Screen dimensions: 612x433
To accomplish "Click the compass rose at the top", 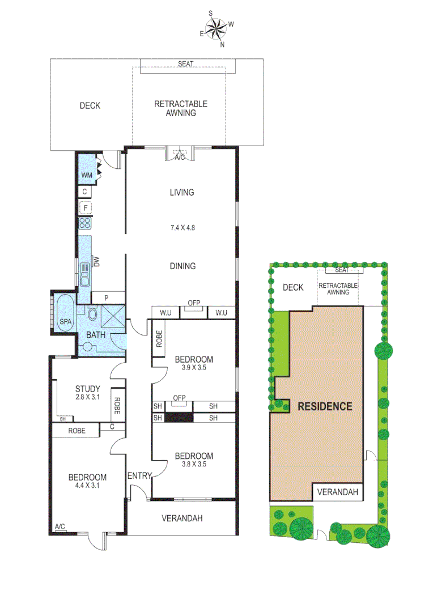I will pyautogui.click(x=216, y=28).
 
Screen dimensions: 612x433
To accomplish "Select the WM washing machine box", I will pyautogui.click(x=86, y=175).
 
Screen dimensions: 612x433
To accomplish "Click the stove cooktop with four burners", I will pyautogui.click(x=85, y=223).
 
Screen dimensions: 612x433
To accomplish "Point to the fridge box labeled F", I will pyautogui.click(x=85, y=207).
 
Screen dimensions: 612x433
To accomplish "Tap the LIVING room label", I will pyautogui.click(x=181, y=192).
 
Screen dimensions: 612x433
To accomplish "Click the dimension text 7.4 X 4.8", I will pyautogui.click(x=181, y=228).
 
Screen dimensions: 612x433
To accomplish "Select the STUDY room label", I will pyautogui.click(x=88, y=389).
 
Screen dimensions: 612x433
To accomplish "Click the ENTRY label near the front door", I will pyautogui.click(x=139, y=475).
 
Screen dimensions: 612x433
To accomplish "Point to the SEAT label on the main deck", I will pyautogui.click(x=185, y=63).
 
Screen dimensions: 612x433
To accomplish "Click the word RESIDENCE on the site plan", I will pyautogui.click(x=325, y=406).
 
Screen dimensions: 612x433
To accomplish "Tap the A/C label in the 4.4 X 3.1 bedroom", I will pyautogui.click(x=60, y=527).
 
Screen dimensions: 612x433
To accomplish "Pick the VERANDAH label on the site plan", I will pyautogui.click(x=338, y=492).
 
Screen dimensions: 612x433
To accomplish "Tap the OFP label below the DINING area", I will pyautogui.click(x=194, y=303).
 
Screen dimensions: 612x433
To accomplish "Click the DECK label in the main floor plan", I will pyautogui.click(x=90, y=105).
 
